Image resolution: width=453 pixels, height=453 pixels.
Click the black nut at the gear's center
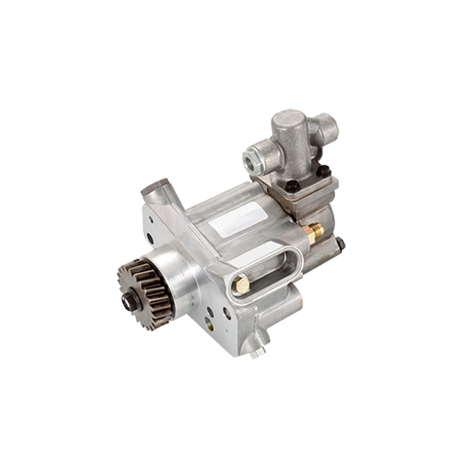129,300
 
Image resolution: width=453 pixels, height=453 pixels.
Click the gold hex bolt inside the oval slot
240,285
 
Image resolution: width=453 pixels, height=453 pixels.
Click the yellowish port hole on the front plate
208,322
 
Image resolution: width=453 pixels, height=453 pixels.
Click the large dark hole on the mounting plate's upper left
150,238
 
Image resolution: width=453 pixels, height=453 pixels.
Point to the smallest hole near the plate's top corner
150,218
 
